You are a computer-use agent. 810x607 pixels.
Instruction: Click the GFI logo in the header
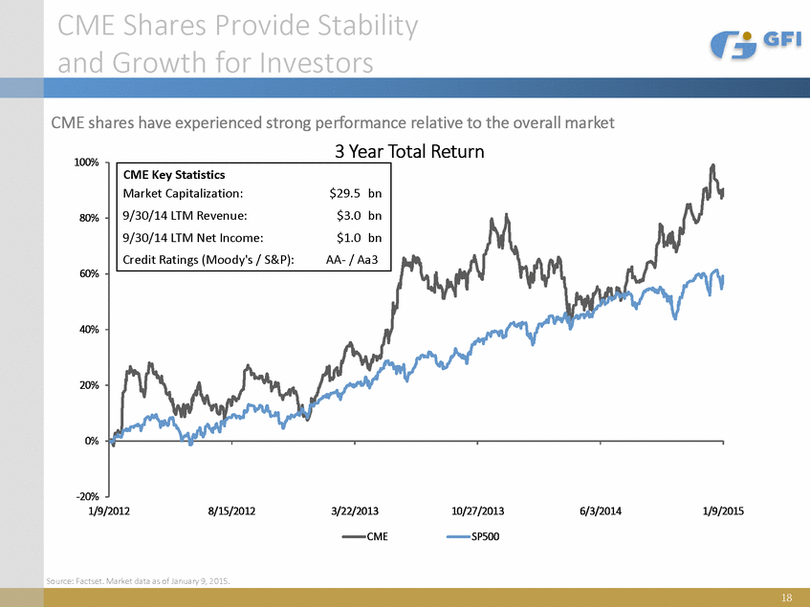751,44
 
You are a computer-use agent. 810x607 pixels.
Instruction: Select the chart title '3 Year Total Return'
408,152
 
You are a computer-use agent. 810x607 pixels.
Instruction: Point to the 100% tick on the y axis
85,163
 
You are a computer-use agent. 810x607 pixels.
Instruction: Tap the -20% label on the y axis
85,497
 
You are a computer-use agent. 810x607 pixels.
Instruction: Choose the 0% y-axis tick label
90,442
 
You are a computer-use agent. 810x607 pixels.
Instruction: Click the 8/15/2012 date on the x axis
232,512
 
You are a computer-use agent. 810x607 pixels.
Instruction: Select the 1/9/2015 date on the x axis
722,512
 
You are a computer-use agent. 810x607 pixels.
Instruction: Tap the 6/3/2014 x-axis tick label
601,512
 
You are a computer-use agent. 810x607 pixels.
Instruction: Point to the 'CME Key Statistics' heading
174,175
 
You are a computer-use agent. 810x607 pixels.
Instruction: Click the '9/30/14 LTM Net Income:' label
193,237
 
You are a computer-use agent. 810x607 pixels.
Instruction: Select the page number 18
786,598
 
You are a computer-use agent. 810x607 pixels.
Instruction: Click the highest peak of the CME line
712,165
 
